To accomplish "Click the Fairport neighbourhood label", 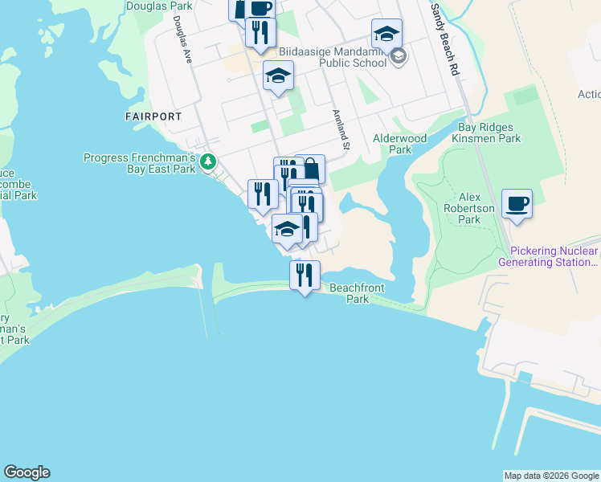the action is point(153,116).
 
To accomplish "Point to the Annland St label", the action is point(341,130).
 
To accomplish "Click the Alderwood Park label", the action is point(399,144).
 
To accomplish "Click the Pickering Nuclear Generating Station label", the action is point(550,257).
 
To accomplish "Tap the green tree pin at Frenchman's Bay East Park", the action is point(209,161).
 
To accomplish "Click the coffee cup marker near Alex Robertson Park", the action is point(517,203).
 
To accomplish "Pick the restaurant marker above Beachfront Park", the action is point(305,276).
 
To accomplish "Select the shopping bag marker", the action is point(310,170).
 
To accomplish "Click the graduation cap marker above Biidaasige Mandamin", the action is point(386,34).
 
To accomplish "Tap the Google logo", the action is point(27,472).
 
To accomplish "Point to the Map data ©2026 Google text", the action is point(550,476).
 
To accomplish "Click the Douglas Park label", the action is point(159,6).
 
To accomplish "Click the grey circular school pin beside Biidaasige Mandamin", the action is point(399,56).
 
